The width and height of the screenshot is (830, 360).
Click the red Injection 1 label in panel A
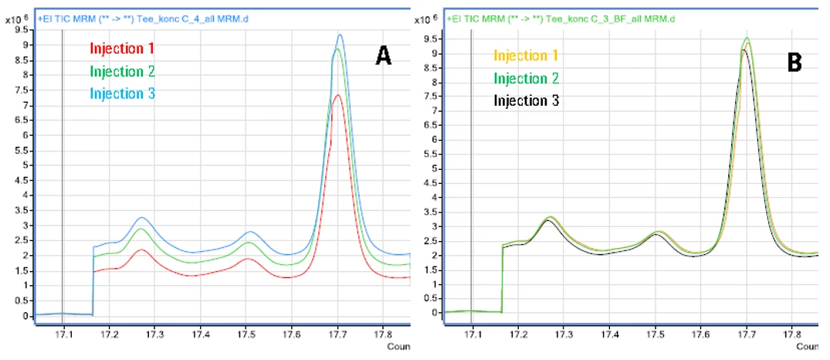[122, 49]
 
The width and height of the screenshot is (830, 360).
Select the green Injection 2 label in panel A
[122, 71]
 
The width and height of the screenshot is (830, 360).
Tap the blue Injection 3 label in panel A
[122, 93]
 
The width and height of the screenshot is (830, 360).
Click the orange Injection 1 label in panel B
[526, 56]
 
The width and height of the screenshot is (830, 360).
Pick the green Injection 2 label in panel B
[526, 78]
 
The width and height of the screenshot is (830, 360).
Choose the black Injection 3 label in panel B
[526, 100]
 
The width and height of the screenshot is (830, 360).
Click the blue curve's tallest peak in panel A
[340, 35]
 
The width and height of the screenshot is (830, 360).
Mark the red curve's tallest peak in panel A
[339, 95]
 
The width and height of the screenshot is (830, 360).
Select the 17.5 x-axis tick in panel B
[656, 338]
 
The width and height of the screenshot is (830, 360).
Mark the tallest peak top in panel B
[747, 38]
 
